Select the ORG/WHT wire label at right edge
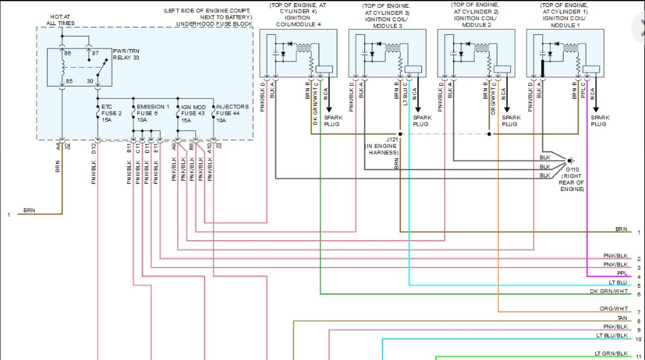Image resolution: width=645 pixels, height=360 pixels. coord(613,308)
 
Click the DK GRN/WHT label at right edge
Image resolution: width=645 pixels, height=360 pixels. coord(608,291)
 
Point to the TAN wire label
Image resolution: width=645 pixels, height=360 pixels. coord(622,318)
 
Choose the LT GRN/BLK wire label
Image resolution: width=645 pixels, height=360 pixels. coord(611,354)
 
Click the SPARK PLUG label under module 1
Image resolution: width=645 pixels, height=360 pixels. coord(600,120)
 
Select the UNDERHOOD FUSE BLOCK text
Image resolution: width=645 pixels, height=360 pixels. coord(214,23)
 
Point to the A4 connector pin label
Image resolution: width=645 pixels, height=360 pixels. coord(59,147)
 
